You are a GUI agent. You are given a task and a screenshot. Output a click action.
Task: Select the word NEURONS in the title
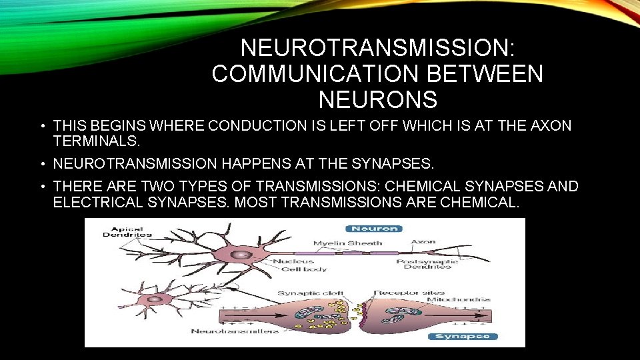coord(377,99)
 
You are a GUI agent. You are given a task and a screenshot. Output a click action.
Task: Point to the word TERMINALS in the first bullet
coord(96,141)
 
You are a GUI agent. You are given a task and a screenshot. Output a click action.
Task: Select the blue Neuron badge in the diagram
coord(376,228)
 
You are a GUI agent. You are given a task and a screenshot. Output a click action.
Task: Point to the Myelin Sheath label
coord(348,243)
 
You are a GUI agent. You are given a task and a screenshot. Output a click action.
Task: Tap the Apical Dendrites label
coord(127,231)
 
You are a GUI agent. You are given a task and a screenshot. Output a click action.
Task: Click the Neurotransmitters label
coord(235,331)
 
